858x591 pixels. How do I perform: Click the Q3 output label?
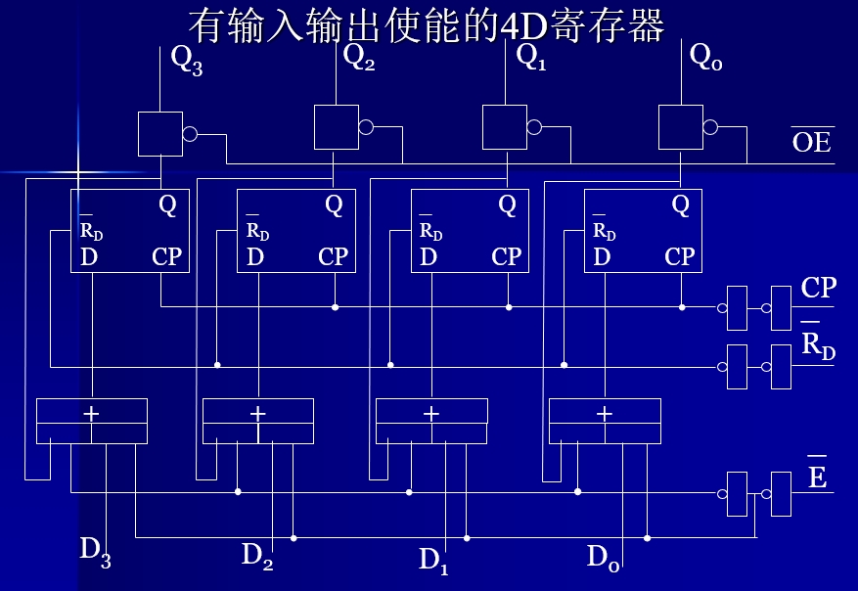tap(186, 60)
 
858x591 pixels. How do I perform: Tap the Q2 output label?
tap(359, 57)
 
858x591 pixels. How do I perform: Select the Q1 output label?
tap(531, 57)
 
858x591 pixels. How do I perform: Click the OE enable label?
tap(811, 141)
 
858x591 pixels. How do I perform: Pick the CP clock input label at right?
tap(818, 288)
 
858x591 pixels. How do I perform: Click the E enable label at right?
tap(817, 477)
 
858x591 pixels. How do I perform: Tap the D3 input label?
tap(95, 551)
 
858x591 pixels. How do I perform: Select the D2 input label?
tap(257, 555)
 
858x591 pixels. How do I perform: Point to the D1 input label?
tap(433, 560)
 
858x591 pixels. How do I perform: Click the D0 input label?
tap(603, 558)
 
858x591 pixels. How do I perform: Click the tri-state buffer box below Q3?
tap(160, 134)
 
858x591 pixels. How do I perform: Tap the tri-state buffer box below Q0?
tap(680, 127)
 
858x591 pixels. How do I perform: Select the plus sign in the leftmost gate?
tap(91, 414)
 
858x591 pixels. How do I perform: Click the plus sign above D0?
tap(604, 414)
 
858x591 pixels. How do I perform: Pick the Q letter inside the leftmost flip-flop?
tap(167, 205)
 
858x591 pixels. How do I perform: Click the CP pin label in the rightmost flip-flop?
tap(679, 257)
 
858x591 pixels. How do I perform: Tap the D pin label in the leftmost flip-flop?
tap(89, 257)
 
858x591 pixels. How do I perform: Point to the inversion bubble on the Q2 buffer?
tap(366, 127)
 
